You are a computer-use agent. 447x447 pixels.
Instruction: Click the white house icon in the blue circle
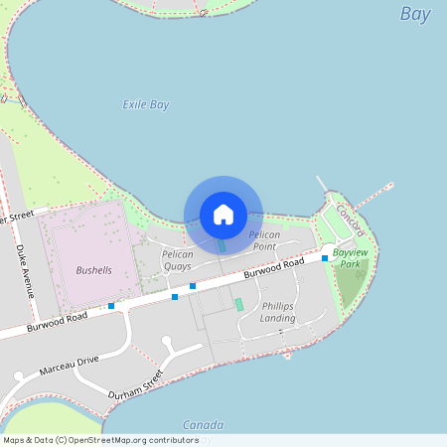pos(223,214)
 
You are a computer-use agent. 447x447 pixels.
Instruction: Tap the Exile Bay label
pos(146,104)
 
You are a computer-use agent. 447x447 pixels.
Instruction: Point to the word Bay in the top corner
pos(415,14)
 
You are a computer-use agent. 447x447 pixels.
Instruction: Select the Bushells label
pos(93,270)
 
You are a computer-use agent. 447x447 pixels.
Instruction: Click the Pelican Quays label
pos(177,260)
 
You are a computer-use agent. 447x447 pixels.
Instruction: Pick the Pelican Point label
pos(263,240)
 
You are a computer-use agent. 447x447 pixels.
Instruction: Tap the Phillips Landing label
pos(278,312)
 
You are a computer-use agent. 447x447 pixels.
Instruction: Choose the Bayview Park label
pos(350,259)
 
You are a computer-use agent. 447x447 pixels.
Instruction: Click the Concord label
pos(350,220)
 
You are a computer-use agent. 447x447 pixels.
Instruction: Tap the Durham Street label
pos(136,384)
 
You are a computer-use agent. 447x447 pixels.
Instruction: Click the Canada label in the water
pos(203,424)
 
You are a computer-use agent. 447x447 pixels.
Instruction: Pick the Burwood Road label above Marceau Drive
pos(58,321)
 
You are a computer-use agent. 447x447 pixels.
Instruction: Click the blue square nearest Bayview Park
pos(325,258)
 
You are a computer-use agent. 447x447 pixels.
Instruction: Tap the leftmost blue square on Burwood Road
pos(111,306)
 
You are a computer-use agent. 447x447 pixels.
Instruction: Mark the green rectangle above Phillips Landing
pos(238,304)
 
